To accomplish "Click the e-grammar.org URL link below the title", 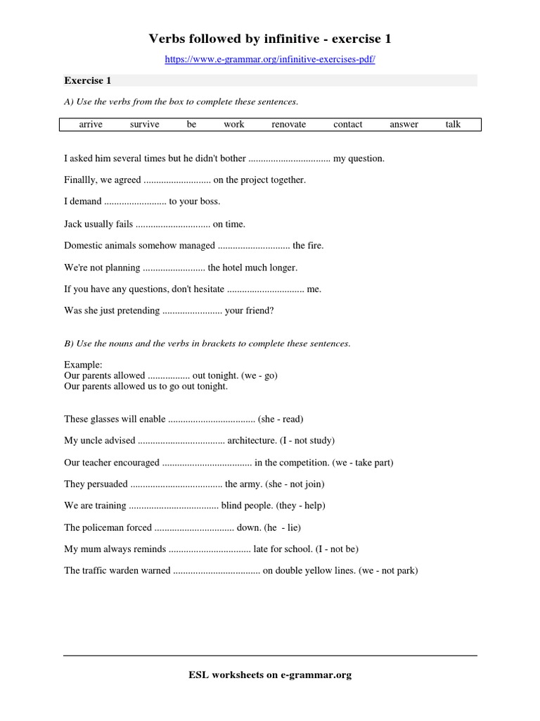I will point(270,60).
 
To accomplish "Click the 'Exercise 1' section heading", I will point(88,80).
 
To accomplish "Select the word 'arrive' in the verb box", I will point(91,125).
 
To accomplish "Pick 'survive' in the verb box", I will point(145,125).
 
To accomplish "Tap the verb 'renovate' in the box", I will point(289,125).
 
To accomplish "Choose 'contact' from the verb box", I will point(348,125).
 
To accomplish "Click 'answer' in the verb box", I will point(404,125).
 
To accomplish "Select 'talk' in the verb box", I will point(453,125).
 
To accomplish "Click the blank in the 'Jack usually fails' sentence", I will point(172,224).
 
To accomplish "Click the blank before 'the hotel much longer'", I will point(174,268).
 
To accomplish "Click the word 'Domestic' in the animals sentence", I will point(82,246).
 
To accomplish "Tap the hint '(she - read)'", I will point(281,419).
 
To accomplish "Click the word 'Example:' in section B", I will point(83,365).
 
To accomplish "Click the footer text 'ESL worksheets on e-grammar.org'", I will point(270,675).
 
